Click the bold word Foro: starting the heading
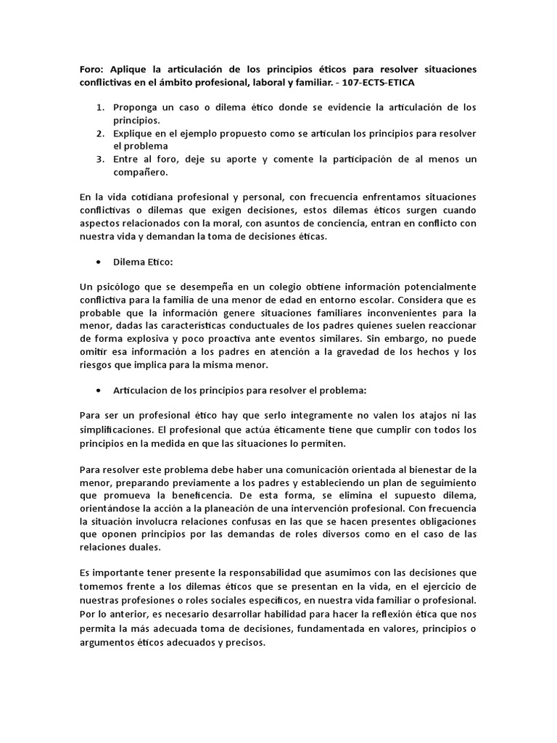[x=92, y=70]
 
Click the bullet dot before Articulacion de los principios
[x=98, y=390]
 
